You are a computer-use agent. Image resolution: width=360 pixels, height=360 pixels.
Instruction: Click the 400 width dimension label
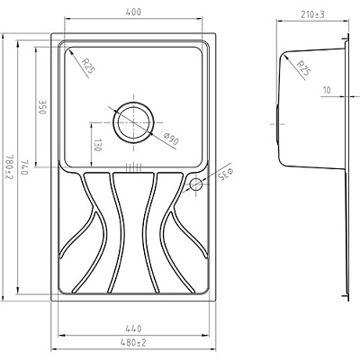coord(133,12)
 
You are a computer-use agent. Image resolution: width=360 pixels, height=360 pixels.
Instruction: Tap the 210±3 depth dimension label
coord(313,14)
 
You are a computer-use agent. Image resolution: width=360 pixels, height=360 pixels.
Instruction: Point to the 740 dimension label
coord(25,168)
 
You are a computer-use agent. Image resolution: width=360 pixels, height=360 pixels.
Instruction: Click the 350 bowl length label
coord(41,107)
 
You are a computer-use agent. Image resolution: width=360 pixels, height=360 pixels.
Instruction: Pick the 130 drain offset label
coord(98,145)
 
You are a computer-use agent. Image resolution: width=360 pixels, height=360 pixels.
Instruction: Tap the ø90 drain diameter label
coord(172,139)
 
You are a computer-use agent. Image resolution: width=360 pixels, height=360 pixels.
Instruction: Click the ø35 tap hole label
coord(226,175)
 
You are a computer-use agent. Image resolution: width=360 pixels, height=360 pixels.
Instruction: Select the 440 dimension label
coord(133,328)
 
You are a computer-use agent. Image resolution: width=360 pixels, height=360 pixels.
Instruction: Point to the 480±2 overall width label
coord(133,342)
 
